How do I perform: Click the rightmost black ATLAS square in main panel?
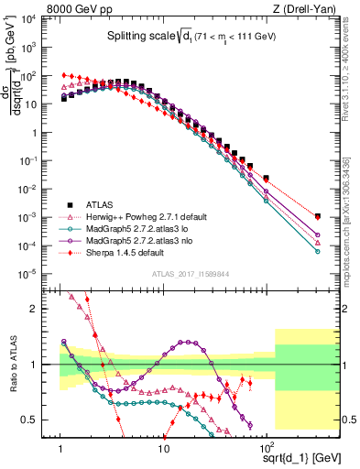(317, 216)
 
